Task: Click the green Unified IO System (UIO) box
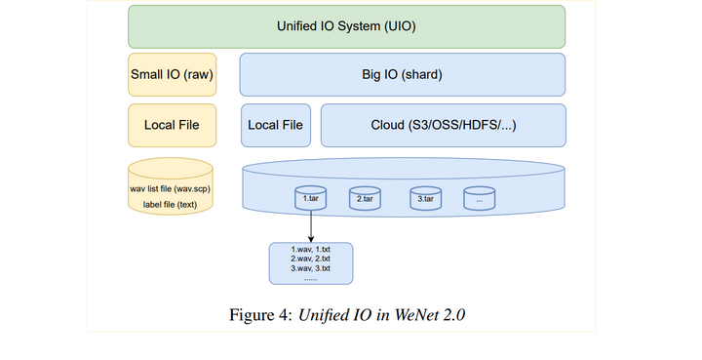coord(346,26)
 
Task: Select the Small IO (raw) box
coord(171,74)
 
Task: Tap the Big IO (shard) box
coord(402,74)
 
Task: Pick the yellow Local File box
coord(171,125)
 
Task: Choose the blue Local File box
coord(275,125)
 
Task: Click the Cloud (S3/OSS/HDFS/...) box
coord(443,125)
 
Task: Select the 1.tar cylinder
coord(311,199)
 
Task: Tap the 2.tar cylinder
coord(366,199)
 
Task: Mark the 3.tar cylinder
coord(425,199)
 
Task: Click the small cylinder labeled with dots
coord(479,199)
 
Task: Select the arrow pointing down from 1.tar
coord(311,226)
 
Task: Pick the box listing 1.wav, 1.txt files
coord(310,263)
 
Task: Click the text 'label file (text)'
coord(171,204)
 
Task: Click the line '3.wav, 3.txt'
coord(310,268)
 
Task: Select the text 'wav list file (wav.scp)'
coord(171,187)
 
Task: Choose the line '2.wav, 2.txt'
coord(310,259)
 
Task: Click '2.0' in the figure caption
coord(454,315)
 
